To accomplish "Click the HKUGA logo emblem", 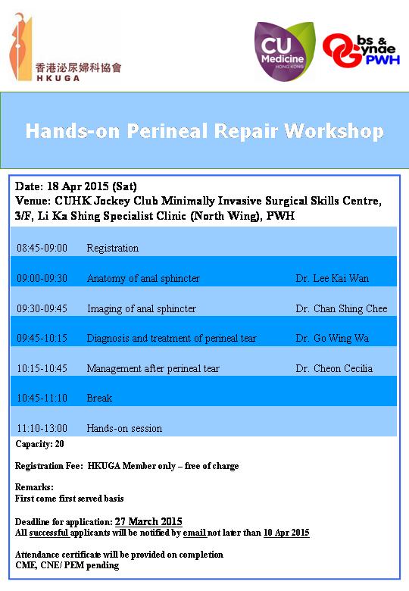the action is tap(20, 46).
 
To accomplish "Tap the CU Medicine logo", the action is tap(284, 52).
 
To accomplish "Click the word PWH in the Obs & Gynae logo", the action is tap(382, 60).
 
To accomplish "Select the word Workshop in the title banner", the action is tap(334, 131).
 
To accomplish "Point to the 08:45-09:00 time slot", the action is tap(42, 248).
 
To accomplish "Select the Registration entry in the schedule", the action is tap(113, 249).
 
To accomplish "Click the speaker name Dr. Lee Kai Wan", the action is tap(333, 278).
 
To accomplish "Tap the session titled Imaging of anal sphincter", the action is tap(142, 308).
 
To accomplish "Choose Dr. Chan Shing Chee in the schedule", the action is tap(342, 308).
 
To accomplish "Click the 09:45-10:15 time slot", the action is tap(42, 338).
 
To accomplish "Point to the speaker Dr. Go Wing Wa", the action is tap(333, 338).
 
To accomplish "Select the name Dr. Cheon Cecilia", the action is tap(334, 368).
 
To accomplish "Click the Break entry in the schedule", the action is tap(99, 398).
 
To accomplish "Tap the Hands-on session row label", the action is tap(124, 428).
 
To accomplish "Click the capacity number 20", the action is tap(60, 444).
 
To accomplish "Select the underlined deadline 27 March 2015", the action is tap(148, 521).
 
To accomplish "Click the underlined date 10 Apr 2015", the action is tap(286, 533).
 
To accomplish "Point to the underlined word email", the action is tap(195, 533).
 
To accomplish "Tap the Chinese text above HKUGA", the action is tap(78, 67).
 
